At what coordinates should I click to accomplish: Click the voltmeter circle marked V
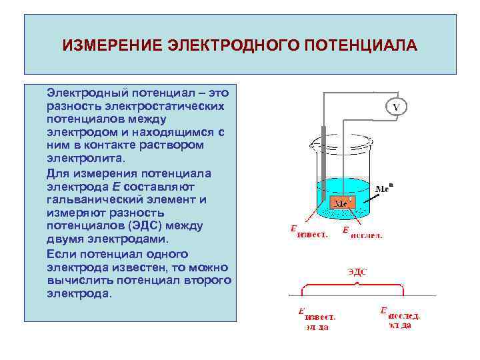[x=396, y=107]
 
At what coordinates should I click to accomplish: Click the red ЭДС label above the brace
[x=357, y=272]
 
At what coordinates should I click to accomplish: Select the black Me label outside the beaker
[x=383, y=189]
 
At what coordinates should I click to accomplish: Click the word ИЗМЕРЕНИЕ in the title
[x=112, y=46]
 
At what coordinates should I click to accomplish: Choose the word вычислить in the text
[x=81, y=280]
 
